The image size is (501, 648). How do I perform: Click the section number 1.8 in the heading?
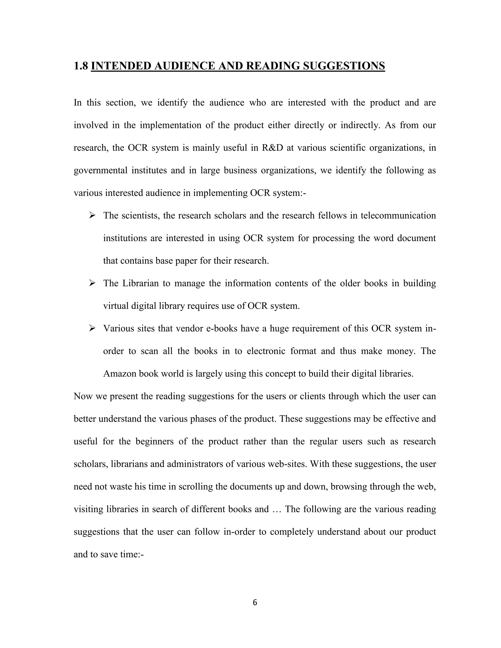[81, 66]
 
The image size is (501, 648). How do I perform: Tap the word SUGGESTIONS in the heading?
[343, 66]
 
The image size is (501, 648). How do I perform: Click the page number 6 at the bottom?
[255, 603]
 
